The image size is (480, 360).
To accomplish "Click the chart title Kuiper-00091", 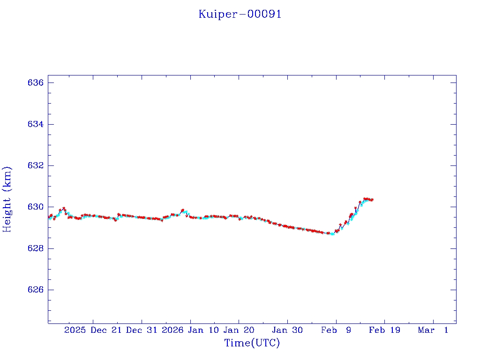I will coord(240,14).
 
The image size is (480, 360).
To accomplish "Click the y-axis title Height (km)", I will coord(7,199).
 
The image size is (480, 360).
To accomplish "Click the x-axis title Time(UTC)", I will coord(252,343).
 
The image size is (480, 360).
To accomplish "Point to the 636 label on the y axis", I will coord(36,82).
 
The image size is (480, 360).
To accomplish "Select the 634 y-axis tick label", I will coord(36,124).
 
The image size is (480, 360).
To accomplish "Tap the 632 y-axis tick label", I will coord(36,165).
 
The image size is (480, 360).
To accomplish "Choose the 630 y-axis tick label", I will coord(36,207).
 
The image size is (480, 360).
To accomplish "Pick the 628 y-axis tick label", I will coord(36,248).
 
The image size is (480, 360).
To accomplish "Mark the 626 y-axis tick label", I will coord(36,290).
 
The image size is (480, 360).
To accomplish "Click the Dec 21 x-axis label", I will coord(106,330).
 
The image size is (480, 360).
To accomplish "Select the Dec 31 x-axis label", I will coord(142,330).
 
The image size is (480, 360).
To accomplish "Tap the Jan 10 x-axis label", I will coord(203,330).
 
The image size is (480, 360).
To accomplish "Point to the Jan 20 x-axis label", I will coord(239,330).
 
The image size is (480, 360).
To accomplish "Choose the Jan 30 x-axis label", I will coord(287,330).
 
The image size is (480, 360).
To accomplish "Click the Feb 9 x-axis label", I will coord(336,330).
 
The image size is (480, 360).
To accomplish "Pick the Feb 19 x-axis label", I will coord(384,330).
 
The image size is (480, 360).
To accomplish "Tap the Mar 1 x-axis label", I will coord(434,330).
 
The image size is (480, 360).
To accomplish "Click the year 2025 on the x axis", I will coord(75,330).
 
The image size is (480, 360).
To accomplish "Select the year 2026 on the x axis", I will coord(172,330).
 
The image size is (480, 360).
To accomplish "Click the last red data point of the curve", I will coord(372,200).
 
